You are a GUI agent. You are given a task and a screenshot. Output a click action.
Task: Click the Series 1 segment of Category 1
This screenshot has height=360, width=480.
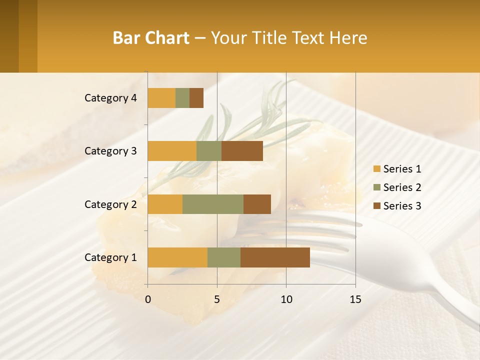[x=177, y=257]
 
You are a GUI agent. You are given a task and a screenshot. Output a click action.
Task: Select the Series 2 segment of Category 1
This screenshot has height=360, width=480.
[x=224, y=257]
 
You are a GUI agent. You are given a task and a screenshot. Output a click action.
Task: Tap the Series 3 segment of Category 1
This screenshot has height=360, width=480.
[x=275, y=257]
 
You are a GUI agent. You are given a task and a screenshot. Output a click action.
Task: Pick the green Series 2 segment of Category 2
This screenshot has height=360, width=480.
[x=213, y=204]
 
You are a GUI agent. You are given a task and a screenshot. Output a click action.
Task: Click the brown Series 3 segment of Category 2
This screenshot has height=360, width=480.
[x=257, y=204]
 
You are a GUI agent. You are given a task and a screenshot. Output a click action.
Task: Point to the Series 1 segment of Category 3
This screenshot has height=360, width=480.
[x=172, y=151]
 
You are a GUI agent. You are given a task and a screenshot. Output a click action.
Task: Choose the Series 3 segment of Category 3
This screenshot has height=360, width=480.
[x=242, y=151]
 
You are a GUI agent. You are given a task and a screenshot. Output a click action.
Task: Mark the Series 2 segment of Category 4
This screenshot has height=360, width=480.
[x=182, y=98]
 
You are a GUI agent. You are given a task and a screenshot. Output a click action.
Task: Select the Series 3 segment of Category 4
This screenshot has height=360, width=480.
[x=196, y=98]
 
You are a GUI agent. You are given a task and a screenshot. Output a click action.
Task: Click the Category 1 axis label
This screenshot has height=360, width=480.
[x=110, y=257]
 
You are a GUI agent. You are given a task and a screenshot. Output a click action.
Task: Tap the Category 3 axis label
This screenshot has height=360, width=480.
[x=110, y=151]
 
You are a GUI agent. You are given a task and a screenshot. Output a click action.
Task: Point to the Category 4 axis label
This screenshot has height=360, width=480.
[x=110, y=98]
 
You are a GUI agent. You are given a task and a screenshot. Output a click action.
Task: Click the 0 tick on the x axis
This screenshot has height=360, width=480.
[x=147, y=299]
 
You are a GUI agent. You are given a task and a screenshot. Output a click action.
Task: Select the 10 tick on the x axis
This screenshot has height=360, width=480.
[x=286, y=299]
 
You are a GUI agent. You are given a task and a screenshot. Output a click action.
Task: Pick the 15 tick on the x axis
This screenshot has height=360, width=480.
[x=355, y=299]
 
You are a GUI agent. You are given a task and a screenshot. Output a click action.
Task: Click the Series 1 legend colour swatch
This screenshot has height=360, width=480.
[x=377, y=169]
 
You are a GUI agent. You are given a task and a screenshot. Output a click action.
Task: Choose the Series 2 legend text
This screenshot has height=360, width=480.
[x=402, y=187]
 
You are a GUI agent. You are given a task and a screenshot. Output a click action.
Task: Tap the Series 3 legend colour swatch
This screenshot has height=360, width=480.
[x=377, y=206]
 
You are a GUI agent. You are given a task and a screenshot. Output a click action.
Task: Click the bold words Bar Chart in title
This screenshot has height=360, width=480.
[x=151, y=38]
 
